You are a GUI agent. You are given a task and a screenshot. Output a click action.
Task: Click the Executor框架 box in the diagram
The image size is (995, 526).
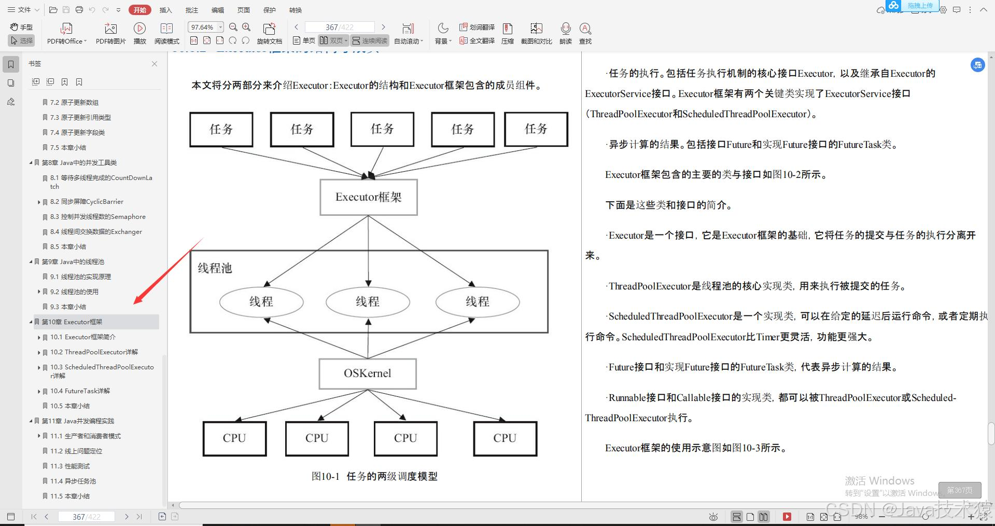tap(369, 197)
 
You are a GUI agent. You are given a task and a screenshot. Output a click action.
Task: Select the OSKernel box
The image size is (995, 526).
tap(368, 373)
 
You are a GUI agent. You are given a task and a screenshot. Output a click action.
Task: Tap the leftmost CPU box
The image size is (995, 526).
tap(234, 438)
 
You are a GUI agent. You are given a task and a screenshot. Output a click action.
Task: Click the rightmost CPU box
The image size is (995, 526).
tap(505, 438)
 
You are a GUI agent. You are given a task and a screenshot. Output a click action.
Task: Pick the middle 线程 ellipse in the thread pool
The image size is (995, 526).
tap(368, 301)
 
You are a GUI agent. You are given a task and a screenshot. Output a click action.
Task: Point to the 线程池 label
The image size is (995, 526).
tap(215, 268)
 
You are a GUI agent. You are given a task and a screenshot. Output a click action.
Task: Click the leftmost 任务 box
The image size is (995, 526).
tap(221, 129)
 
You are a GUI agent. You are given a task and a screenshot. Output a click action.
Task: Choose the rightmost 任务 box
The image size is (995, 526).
tap(536, 129)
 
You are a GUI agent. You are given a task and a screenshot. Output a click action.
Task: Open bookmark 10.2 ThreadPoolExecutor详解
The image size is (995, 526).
tap(94, 352)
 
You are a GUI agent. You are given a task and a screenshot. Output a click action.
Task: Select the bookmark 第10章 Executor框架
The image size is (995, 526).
tap(72, 322)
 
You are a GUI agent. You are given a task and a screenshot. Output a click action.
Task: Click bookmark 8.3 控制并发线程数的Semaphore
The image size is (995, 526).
tap(97, 216)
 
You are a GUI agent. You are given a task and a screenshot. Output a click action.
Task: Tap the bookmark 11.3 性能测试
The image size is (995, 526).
tap(70, 466)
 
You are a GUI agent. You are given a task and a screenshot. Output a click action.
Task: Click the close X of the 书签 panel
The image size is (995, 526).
tap(155, 64)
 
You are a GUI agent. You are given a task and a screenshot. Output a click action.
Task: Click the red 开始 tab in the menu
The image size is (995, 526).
tap(140, 10)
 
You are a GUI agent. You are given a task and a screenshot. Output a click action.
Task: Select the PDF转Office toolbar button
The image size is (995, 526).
tap(66, 33)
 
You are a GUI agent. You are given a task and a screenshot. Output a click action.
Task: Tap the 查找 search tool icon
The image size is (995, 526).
tap(585, 33)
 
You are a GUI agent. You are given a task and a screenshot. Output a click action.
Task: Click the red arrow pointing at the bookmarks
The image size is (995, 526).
tap(166, 272)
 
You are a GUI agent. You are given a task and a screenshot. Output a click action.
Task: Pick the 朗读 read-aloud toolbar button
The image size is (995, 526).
tap(566, 33)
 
